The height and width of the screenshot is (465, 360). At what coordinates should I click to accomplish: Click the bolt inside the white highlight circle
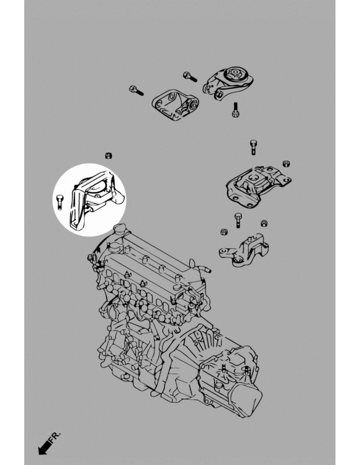[60, 202]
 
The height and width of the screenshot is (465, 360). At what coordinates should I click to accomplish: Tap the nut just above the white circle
[108, 156]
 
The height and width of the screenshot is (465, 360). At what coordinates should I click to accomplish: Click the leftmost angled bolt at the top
[136, 91]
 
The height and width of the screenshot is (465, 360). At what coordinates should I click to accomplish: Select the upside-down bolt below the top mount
[235, 110]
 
